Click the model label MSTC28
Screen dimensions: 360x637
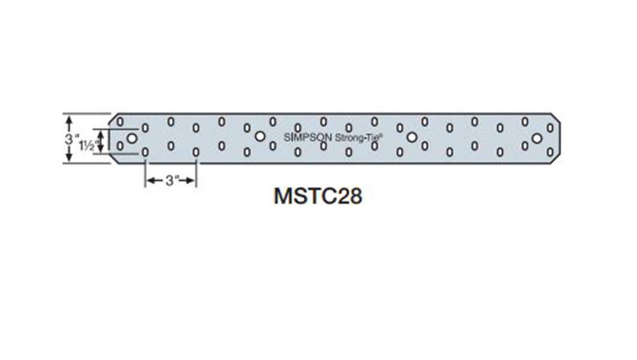tap(318, 196)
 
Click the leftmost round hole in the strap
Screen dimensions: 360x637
tap(132, 138)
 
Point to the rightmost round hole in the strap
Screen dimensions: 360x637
tap(537, 139)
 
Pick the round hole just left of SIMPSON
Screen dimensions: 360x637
tap(259, 137)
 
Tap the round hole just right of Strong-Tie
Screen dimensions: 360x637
tap(412, 137)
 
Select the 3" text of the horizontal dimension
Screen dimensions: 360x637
tap(172, 181)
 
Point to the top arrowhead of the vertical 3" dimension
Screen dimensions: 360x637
tap(69, 119)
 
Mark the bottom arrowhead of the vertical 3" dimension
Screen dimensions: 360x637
tap(69, 157)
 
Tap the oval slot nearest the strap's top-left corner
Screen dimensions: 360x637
tap(120, 122)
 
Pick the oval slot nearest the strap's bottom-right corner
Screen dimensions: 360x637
tap(550, 154)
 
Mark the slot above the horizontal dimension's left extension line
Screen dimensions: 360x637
tap(145, 153)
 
